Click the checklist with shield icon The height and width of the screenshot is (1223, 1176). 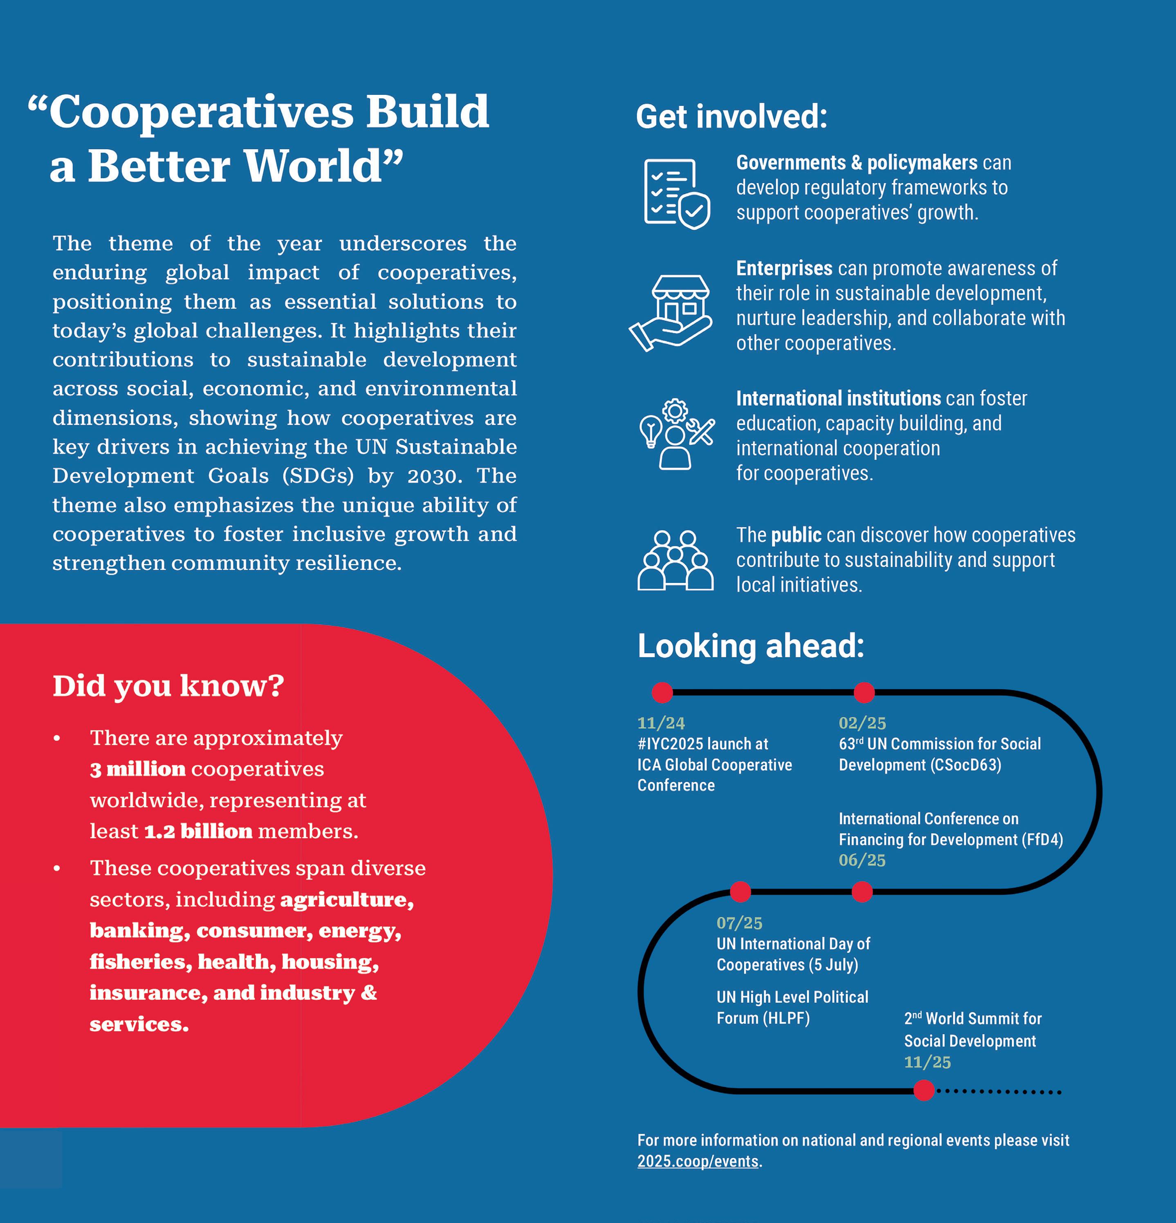676,193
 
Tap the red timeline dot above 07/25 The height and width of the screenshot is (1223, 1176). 740,891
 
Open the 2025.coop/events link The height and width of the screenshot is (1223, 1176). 698,1161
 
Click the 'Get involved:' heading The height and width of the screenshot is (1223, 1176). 731,116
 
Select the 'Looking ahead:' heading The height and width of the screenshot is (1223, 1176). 750,646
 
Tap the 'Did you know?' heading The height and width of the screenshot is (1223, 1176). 168,686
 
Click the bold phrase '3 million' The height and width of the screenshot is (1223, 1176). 137,769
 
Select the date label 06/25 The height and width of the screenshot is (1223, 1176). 862,860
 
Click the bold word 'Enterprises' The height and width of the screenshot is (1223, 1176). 783,268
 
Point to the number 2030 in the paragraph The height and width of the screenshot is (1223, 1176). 434,476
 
